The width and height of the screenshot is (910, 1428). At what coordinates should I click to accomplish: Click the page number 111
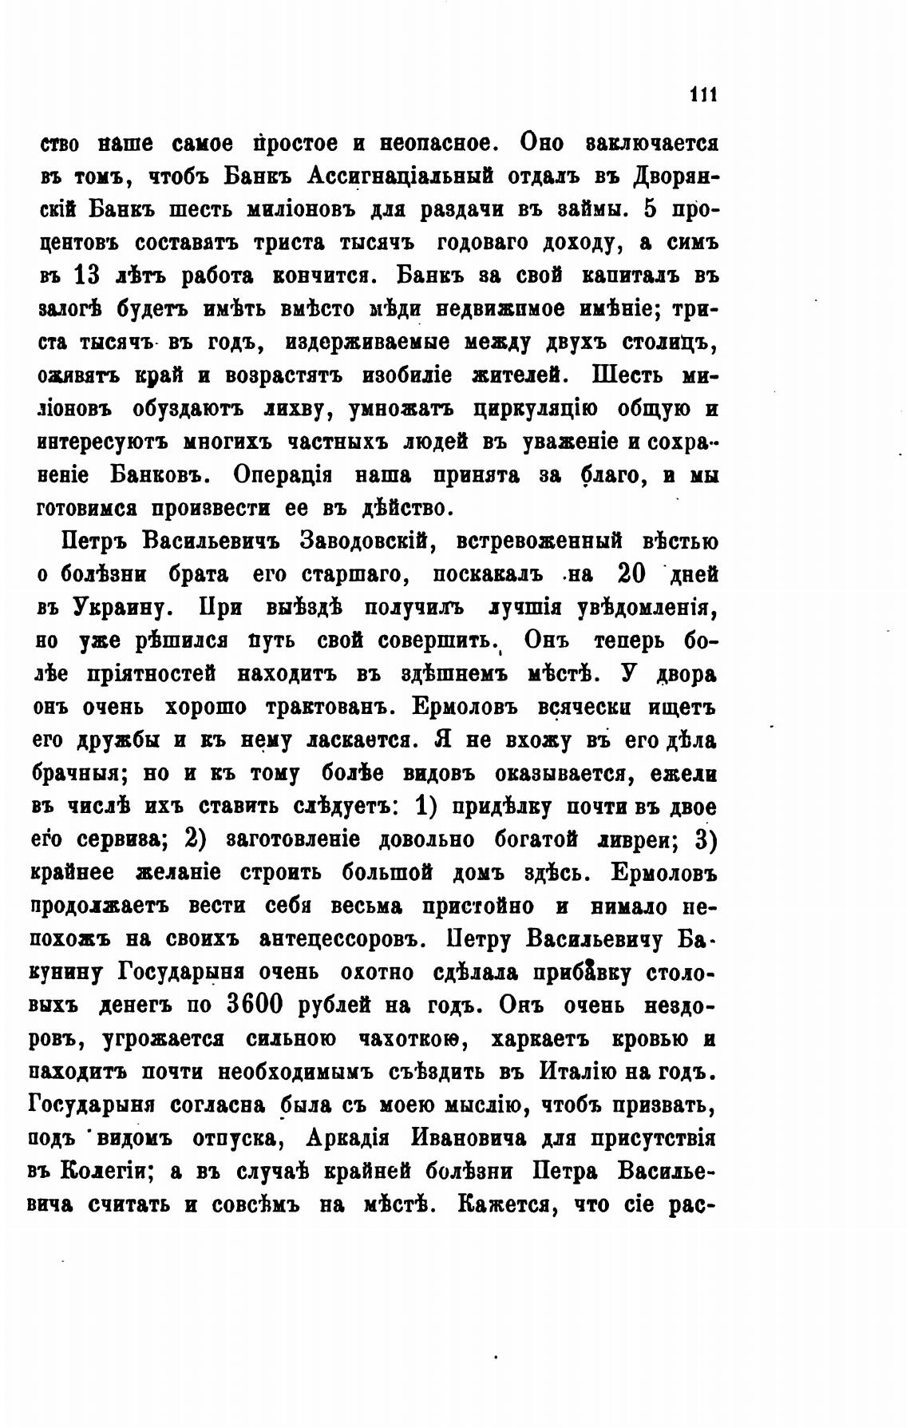(703, 93)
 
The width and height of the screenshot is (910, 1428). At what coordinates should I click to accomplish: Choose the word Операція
(283, 474)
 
